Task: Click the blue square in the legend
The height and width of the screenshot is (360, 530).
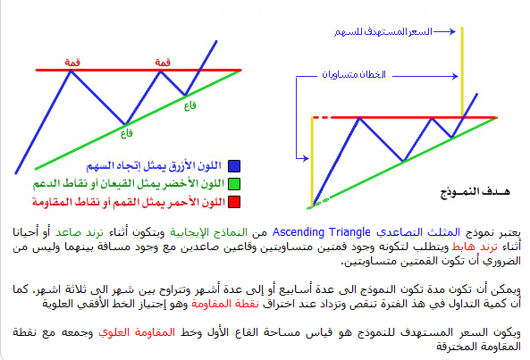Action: pyautogui.click(x=234, y=166)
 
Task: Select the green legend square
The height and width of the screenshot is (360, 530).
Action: pyautogui.click(x=234, y=184)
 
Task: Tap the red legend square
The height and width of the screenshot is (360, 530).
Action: pyautogui.click(x=234, y=202)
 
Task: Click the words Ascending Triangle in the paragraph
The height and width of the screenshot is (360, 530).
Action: pyautogui.click(x=322, y=232)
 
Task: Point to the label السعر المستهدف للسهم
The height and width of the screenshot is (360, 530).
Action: pyautogui.click(x=383, y=32)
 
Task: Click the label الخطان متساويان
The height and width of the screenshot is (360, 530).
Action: pyautogui.click(x=354, y=74)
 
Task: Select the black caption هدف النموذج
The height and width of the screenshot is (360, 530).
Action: pyautogui.click(x=475, y=191)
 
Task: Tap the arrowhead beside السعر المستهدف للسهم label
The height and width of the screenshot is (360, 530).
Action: pyautogui.click(x=452, y=32)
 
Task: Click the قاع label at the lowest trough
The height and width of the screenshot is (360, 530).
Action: pyautogui.click(x=126, y=133)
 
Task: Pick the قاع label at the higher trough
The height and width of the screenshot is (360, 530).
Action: pyautogui.click(x=190, y=106)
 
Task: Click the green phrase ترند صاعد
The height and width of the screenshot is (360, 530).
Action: pyautogui.click(x=80, y=232)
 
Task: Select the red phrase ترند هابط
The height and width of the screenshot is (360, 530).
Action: pyautogui.click(x=475, y=247)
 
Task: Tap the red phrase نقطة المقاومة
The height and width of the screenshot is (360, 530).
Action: pyautogui.click(x=225, y=304)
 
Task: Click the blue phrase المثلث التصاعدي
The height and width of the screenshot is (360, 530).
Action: pyautogui.click(x=418, y=232)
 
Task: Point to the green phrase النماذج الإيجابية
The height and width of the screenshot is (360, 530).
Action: pyautogui.click(x=208, y=232)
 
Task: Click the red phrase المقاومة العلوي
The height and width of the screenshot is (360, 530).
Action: pyautogui.click(x=137, y=332)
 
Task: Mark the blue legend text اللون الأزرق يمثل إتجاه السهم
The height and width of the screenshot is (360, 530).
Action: pyautogui.click(x=154, y=165)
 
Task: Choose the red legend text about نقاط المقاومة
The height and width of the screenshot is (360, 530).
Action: pyautogui.click(x=129, y=202)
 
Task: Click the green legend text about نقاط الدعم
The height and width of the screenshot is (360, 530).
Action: pyautogui.click(x=129, y=184)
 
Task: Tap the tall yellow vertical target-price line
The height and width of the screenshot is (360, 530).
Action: pyautogui.click(x=462, y=72)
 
